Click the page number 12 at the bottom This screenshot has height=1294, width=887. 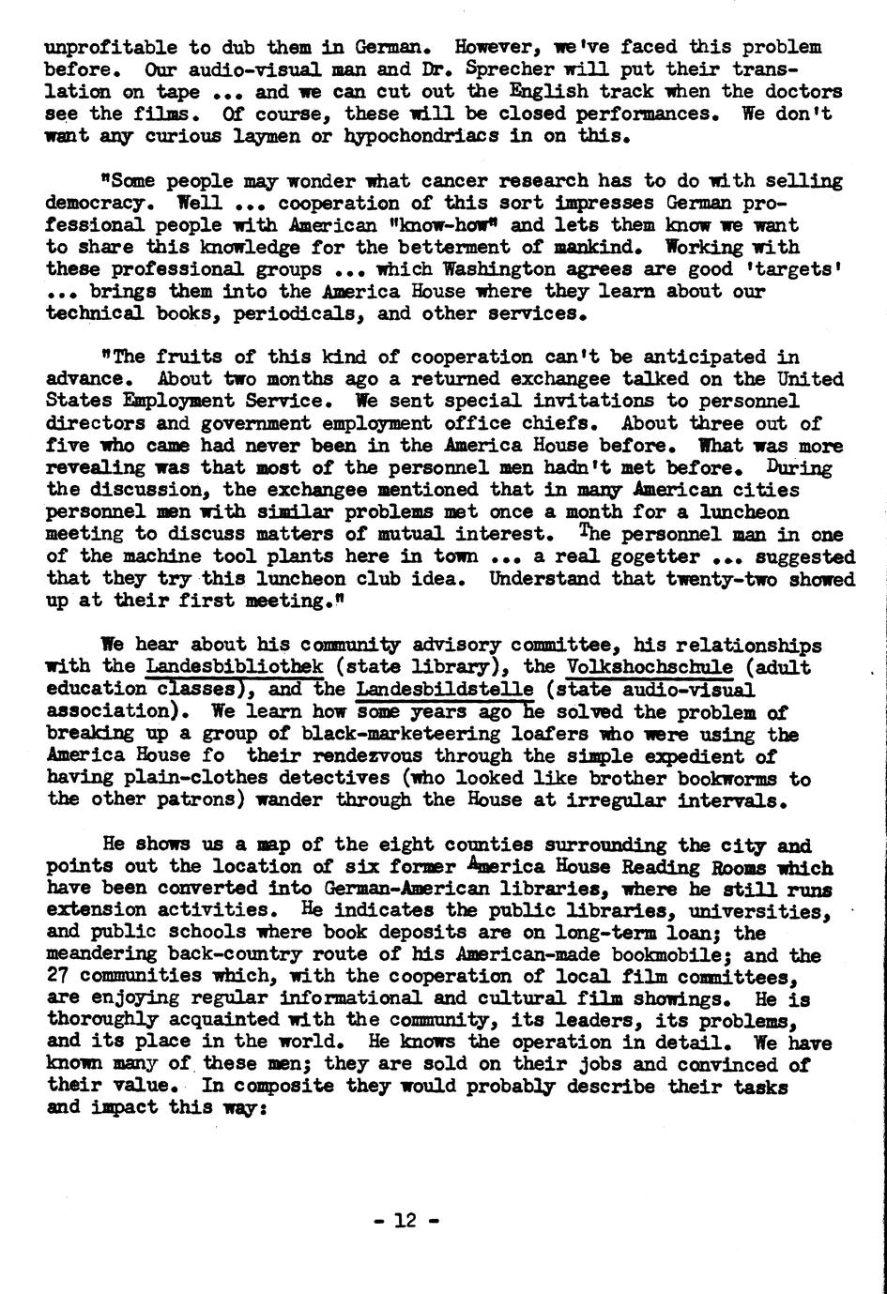pos(405,1222)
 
